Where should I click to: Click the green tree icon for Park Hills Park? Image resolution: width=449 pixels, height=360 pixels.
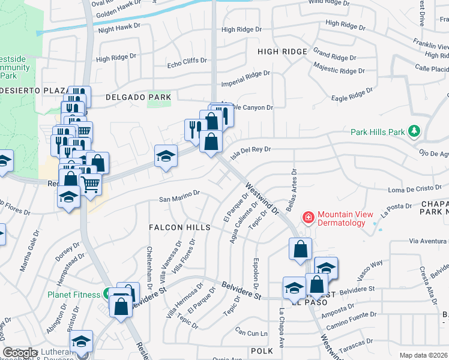pyautogui.click(x=413, y=131)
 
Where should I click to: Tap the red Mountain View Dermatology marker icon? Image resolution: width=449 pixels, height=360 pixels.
pyautogui.click(x=309, y=217)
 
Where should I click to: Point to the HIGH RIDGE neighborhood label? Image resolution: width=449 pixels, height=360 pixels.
pyautogui.click(x=282, y=52)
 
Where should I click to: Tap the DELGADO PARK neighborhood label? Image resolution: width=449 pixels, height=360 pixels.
pyautogui.click(x=138, y=97)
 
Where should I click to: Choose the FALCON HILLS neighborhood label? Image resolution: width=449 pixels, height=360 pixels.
pyautogui.click(x=180, y=227)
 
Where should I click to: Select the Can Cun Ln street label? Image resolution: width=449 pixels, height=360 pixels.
pyautogui.click(x=251, y=331)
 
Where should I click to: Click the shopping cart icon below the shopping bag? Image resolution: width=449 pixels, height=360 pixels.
pyautogui.click(x=90, y=185)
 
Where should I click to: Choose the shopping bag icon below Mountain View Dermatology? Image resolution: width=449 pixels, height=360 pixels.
pyautogui.click(x=300, y=248)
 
